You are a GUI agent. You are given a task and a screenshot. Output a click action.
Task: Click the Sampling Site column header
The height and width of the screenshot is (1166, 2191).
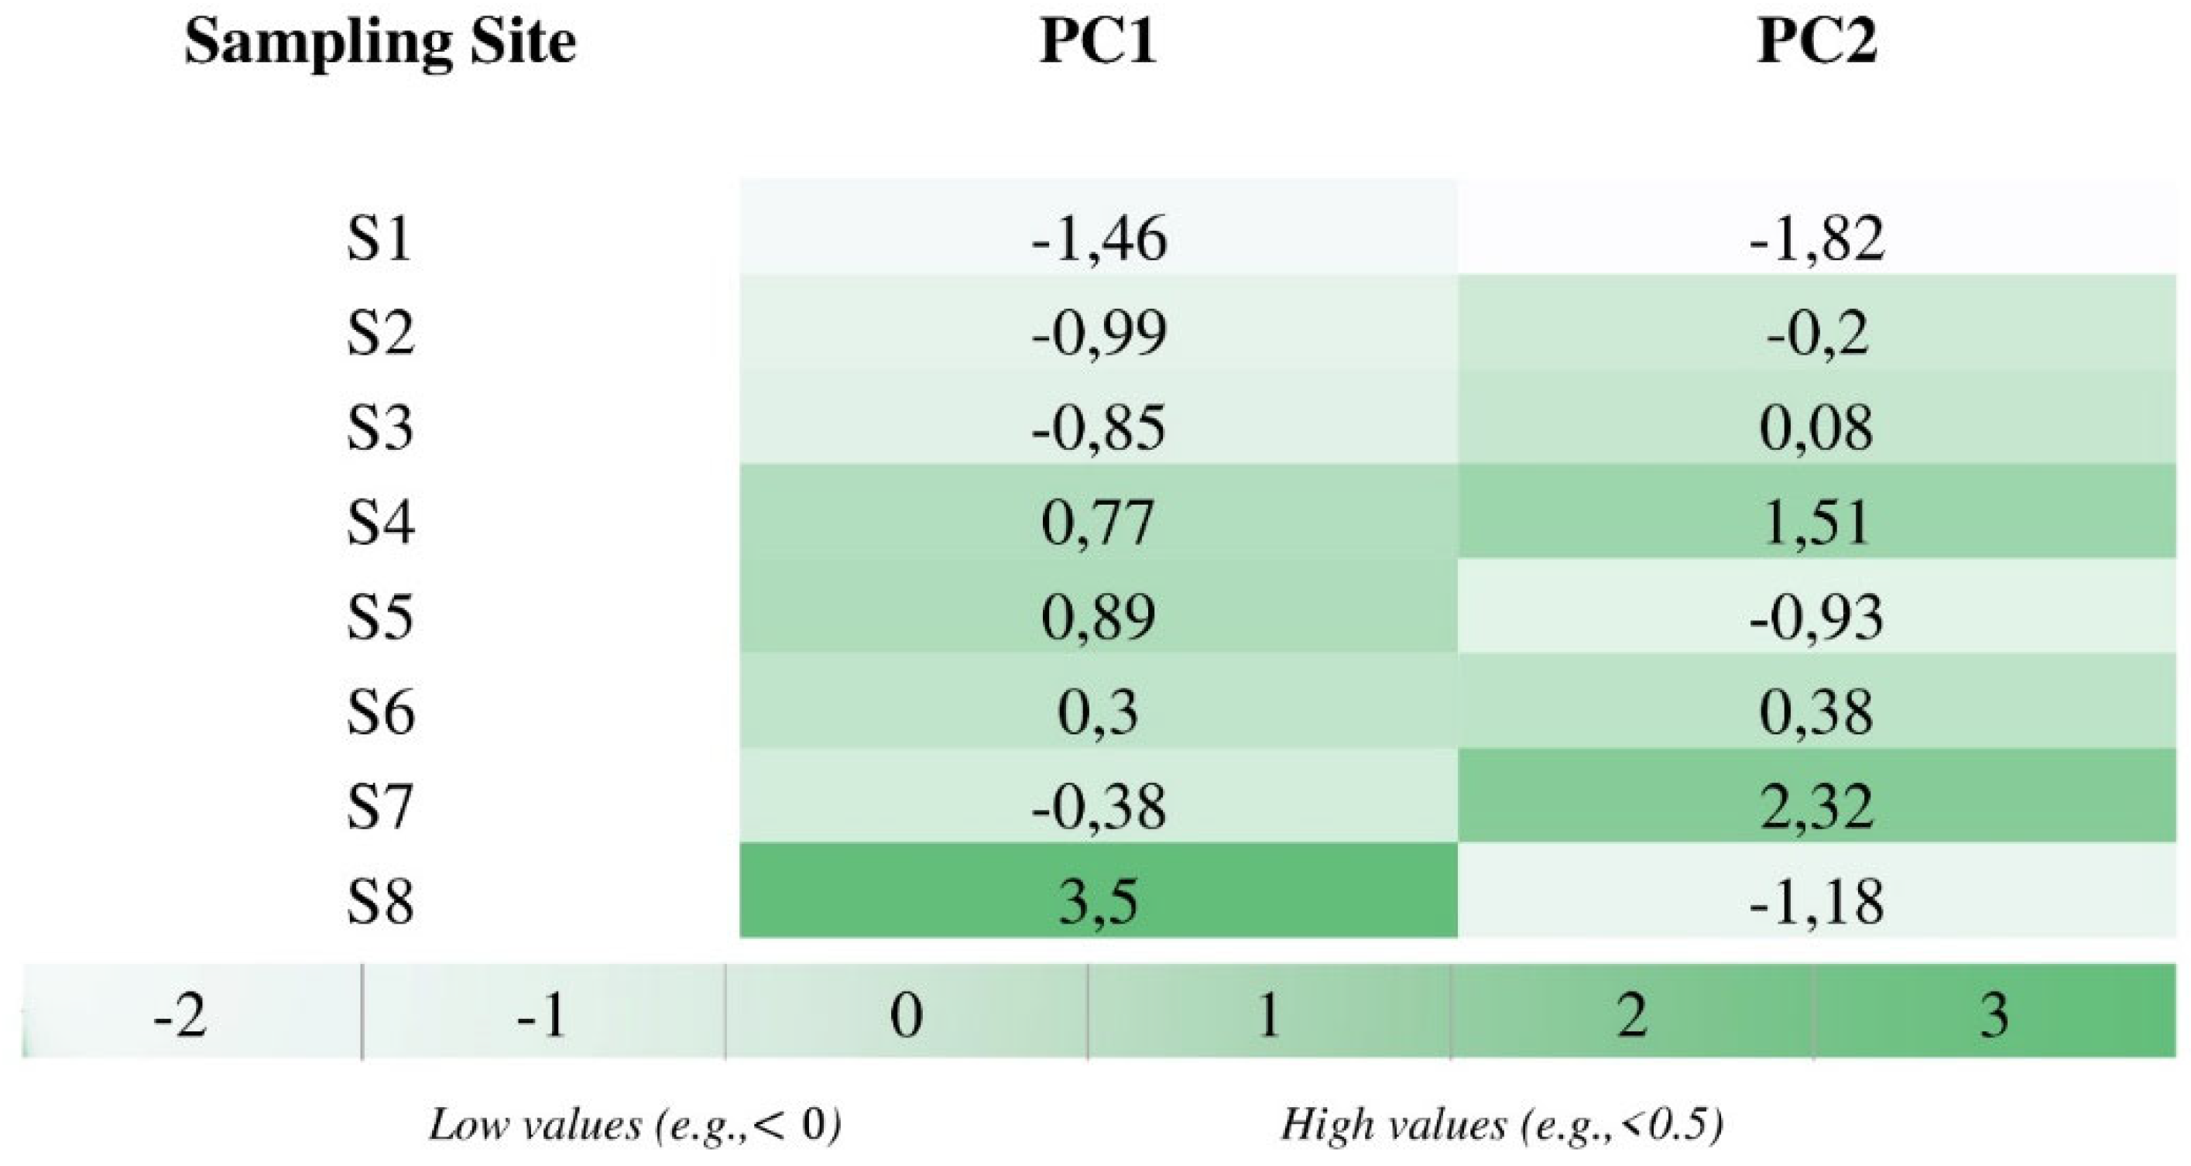379,43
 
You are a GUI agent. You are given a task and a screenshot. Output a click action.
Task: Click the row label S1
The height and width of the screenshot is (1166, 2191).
379,239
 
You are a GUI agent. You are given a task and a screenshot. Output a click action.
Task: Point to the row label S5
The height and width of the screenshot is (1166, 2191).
379,616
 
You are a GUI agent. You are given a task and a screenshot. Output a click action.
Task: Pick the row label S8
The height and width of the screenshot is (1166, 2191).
379,901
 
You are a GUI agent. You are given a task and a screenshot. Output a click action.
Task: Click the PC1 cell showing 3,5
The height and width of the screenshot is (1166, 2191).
1098,901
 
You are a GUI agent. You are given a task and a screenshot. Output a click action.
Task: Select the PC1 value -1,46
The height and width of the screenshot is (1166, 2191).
1098,239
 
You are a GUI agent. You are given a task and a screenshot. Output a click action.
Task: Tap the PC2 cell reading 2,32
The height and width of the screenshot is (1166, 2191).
1816,806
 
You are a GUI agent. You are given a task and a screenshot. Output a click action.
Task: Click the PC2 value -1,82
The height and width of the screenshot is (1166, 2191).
1816,239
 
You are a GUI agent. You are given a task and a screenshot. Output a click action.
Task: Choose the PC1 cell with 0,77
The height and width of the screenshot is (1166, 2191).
1098,522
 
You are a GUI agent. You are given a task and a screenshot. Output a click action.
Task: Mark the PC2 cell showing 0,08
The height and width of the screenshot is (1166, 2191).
1816,428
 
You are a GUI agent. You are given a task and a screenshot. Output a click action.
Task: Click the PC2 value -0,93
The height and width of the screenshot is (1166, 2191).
1816,616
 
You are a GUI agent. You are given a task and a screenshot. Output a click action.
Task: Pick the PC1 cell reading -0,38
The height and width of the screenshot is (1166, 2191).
1098,806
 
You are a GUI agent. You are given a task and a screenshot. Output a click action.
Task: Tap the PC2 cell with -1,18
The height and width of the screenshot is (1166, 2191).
1816,901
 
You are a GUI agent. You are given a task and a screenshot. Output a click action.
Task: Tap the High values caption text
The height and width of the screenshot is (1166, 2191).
1501,1125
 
